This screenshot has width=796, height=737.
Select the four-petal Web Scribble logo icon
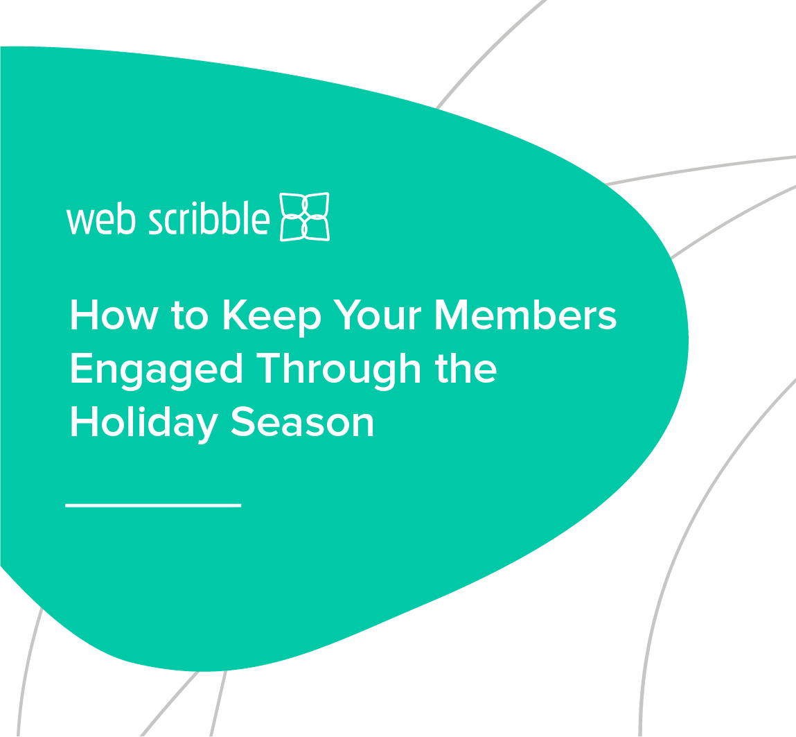304,217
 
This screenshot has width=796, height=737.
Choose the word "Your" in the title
378,316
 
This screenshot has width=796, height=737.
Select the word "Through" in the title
339,370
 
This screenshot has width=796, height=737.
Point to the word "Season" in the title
302,421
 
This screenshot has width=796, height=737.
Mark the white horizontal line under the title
153,505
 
